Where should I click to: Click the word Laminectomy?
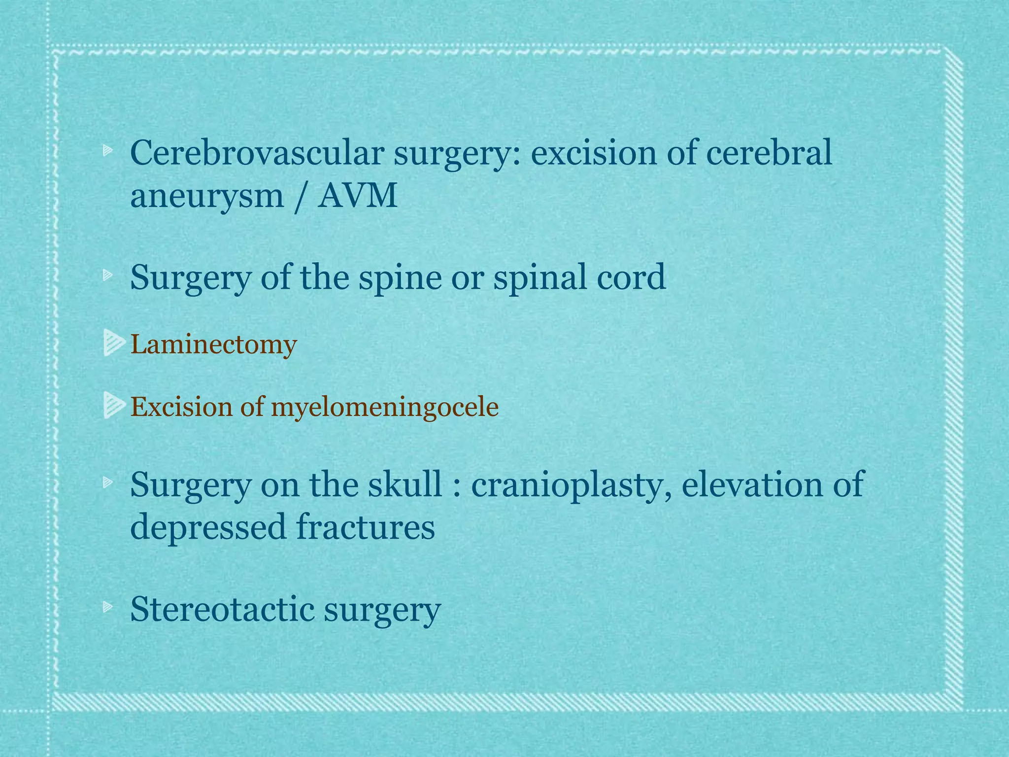(x=213, y=344)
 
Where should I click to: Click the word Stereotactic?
(x=222, y=610)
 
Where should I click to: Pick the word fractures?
(x=365, y=526)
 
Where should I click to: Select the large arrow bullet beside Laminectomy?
(x=114, y=343)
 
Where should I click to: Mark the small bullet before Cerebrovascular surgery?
(x=107, y=151)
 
